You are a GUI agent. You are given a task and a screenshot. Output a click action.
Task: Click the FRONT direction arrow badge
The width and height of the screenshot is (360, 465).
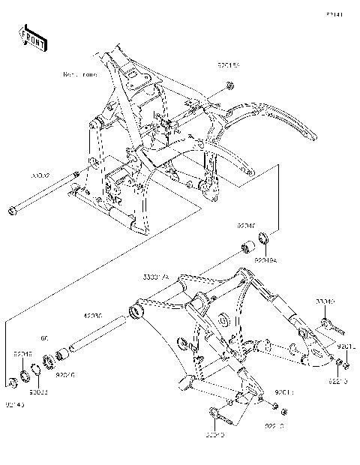[32, 38]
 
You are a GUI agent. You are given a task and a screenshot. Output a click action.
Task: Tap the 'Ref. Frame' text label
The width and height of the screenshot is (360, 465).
[80, 75]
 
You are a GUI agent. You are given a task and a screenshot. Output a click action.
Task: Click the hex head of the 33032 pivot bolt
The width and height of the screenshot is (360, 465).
[12, 210]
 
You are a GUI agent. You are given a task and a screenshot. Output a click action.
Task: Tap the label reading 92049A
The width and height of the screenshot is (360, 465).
[265, 259]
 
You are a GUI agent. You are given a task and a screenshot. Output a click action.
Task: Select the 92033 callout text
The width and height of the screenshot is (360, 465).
[39, 391]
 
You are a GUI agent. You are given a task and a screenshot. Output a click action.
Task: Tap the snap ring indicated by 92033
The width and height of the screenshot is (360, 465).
[35, 369]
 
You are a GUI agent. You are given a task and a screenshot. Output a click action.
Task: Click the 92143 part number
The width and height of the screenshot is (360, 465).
[14, 406]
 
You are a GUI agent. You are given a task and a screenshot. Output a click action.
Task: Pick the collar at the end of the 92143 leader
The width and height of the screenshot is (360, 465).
[12, 383]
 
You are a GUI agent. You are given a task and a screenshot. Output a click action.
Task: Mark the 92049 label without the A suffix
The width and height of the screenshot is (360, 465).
[22, 352]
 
